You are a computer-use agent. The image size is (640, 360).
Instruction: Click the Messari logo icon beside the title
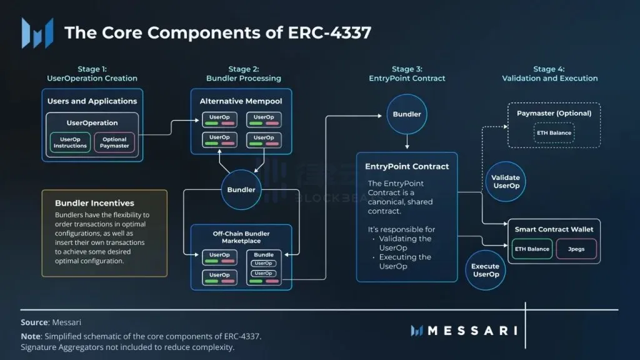coord(37,32)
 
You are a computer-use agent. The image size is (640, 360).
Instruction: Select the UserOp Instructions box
coord(69,143)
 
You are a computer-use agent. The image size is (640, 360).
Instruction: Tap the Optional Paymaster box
coord(114,143)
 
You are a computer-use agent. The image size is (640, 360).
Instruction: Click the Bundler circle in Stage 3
coord(406,114)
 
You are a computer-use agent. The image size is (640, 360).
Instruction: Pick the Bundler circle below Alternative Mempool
coord(241,189)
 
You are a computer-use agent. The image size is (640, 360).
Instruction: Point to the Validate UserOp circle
coord(506,182)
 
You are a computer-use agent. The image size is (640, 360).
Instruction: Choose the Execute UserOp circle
coord(486,270)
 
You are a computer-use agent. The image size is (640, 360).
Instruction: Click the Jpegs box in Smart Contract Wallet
coord(576,249)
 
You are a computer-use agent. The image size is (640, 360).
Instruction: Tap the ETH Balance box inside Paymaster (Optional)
coord(553,133)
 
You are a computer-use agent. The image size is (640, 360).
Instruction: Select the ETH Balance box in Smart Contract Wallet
coord(532,249)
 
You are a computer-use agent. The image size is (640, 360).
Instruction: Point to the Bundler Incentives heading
coord(94,203)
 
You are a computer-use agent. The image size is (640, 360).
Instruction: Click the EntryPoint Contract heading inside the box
coord(407,166)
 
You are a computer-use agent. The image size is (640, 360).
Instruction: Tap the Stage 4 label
coord(549,69)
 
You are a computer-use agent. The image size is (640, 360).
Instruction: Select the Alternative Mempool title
coord(241,101)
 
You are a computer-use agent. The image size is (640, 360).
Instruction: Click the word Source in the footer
coord(34,322)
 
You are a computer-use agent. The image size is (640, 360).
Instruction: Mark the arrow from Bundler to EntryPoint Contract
coord(407,143)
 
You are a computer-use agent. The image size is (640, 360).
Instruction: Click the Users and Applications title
coord(92,101)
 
